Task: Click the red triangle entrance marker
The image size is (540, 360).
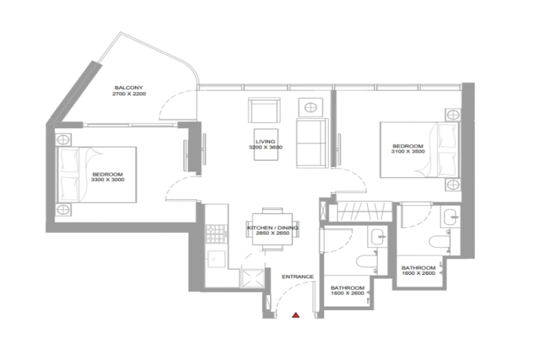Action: click(x=295, y=314)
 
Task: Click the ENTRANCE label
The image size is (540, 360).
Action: click(x=298, y=277)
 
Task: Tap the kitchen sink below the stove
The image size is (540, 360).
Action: click(x=216, y=257)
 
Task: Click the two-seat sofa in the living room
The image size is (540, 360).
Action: click(x=313, y=143)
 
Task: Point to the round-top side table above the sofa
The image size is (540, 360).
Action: click(x=312, y=107)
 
